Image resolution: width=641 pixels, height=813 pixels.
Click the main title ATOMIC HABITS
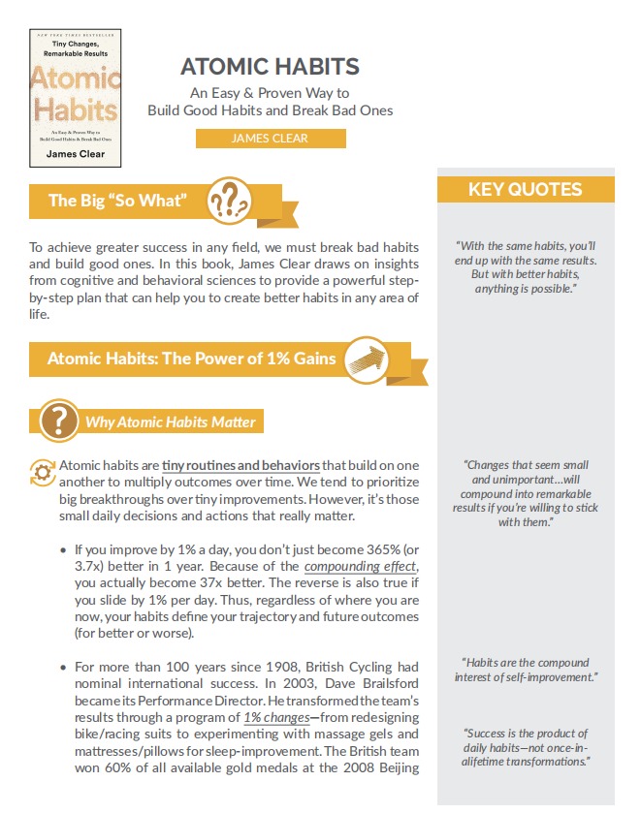click(x=270, y=67)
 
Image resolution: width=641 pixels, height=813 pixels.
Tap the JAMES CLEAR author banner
click(x=270, y=139)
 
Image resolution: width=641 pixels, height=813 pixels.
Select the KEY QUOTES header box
click(x=525, y=189)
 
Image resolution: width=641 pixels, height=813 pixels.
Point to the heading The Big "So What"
click(x=117, y=201)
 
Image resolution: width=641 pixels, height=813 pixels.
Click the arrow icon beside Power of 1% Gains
click(x=366, y=358)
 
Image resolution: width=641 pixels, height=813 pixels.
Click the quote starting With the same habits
click(x=525, y=267)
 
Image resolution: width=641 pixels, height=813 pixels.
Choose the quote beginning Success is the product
click(x=525, y=747)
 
